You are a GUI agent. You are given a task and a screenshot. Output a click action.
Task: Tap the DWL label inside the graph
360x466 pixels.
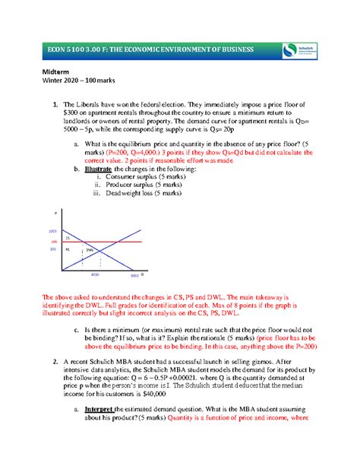click(90, 249)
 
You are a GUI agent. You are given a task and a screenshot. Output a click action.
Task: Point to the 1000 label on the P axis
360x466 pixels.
click(52, 230)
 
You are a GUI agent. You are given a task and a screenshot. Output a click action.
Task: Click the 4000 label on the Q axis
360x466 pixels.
click(95, 274)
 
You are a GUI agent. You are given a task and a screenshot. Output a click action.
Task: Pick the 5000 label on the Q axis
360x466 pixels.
click(134, 275)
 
